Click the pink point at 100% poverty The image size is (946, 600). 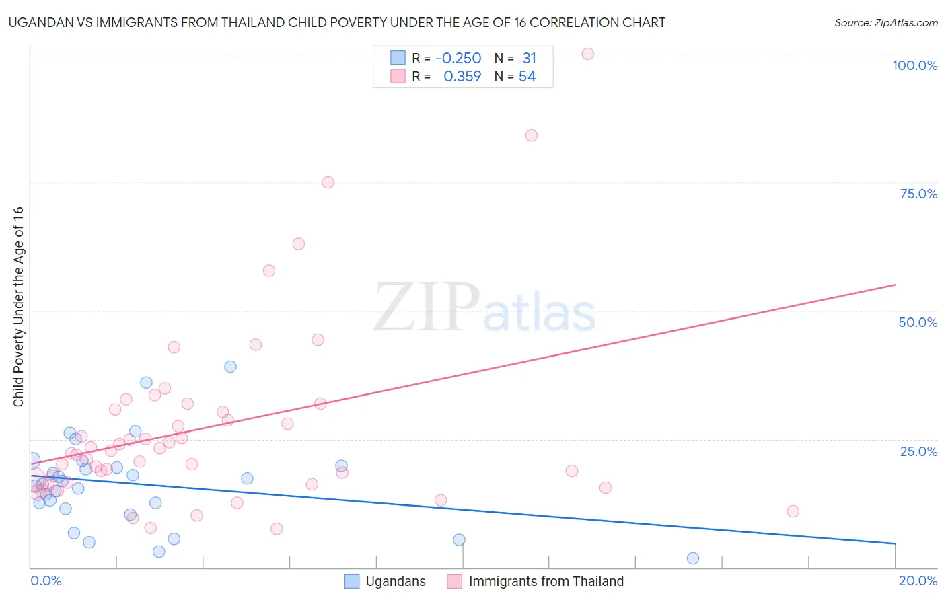click(x=587, y=54)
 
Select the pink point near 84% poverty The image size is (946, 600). click(x=531, y=135)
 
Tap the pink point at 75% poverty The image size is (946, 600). click(x=328, y=182)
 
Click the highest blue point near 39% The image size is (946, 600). click(x=230, y=367)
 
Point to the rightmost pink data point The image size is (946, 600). click(x=793, y=511)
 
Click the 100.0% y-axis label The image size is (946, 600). click(x=914, y=65)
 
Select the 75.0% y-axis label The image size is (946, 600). click(x=918, y=194)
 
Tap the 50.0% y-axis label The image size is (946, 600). click(x=918, y=322)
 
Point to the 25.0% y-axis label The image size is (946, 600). click(x=918, y=451)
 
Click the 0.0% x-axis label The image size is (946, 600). click(x=46, y=580)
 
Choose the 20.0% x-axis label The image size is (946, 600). click(x=918, y=580)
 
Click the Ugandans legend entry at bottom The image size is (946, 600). click(x=395, y=581)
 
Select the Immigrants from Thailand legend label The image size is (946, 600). click(x=546, y=581)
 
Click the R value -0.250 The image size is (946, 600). click(x=458, y=59)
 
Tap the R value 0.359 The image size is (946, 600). click(x=462, y=77)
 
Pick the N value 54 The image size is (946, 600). click(x=527, y=77)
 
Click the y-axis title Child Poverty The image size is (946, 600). click(x=18, y=306)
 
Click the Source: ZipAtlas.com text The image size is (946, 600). click(x=885, y=23)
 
